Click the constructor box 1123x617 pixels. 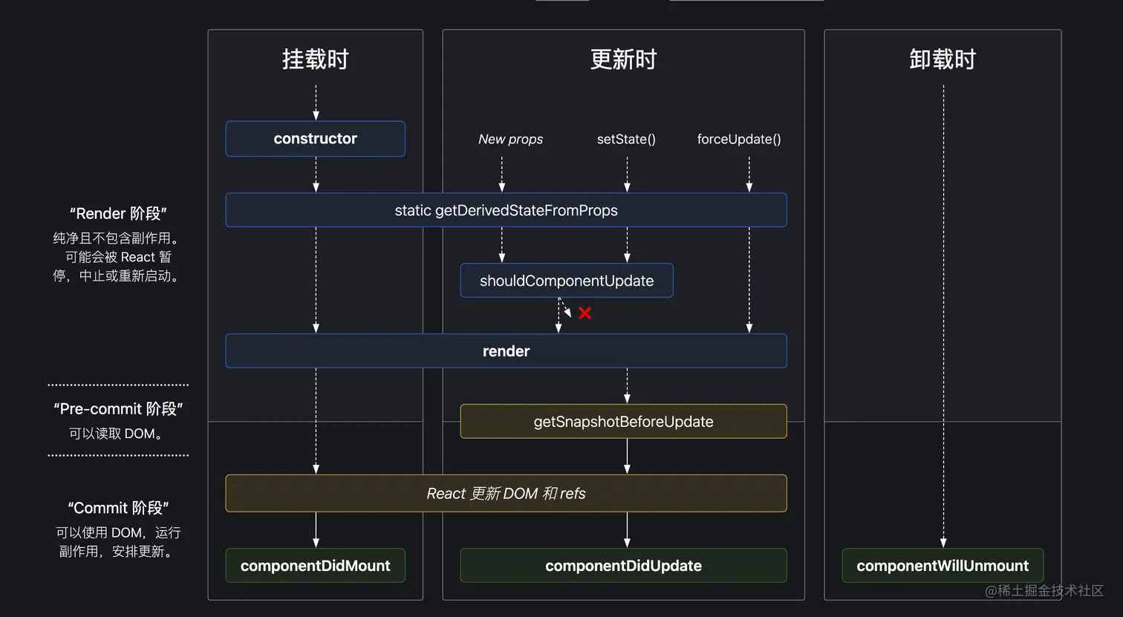click(315, 139)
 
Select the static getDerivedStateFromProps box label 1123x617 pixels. click(506, 211)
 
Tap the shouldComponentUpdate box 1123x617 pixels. click(567, 281)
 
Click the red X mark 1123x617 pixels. click(585, 313)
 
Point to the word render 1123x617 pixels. click(506, 351)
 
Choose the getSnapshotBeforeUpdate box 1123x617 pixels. click(623, 422)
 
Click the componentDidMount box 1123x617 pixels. click(315, 566)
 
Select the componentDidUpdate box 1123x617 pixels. click(623, 566)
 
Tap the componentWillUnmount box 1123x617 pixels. click(943, 566)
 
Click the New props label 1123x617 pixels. click(510, 140)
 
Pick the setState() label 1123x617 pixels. click(626, 140)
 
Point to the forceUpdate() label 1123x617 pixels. click(739, 140)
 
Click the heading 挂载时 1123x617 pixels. click(315, 59)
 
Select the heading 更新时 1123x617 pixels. click(623, 59)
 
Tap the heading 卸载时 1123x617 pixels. click(943, 59)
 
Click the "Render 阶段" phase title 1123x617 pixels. click(118, 214)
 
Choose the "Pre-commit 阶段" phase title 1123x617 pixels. click(118, 409)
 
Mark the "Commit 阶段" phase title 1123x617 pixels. click(118, 508)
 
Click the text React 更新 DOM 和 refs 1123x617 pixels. click(506, 494)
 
